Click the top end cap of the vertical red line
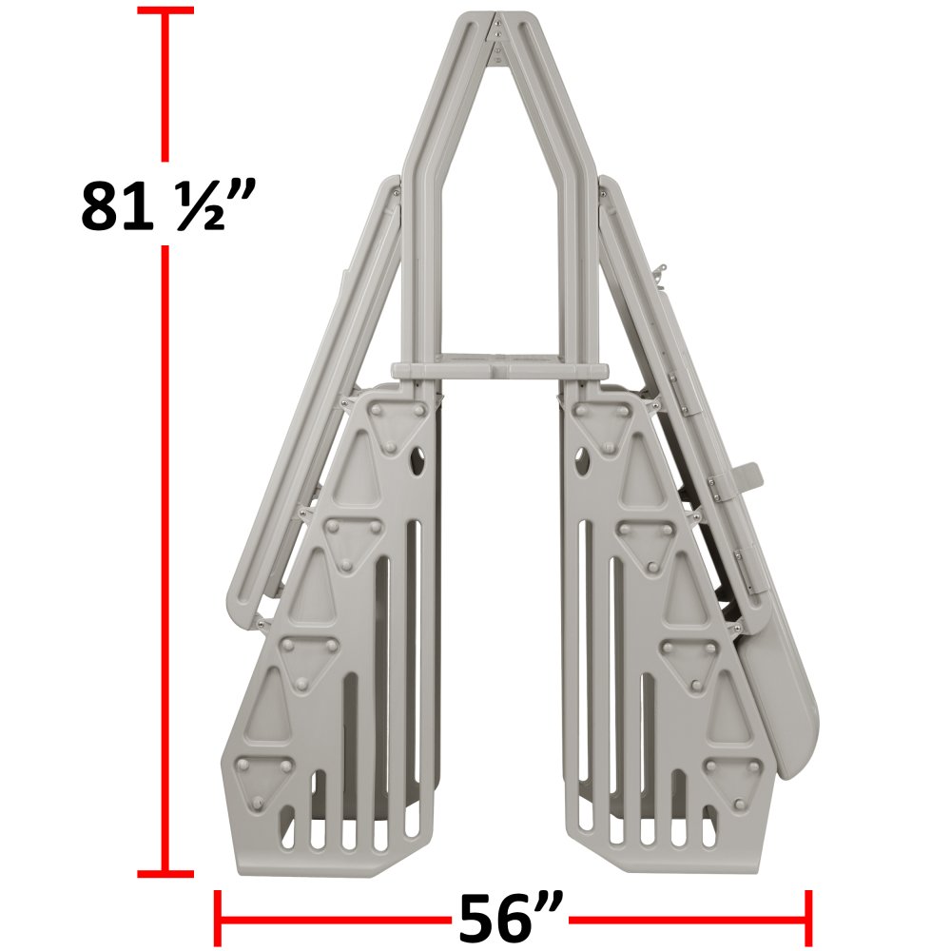(165, 10)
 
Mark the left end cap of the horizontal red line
(218, 919)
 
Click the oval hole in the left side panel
(417, 461)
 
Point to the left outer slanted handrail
(314, 399)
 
